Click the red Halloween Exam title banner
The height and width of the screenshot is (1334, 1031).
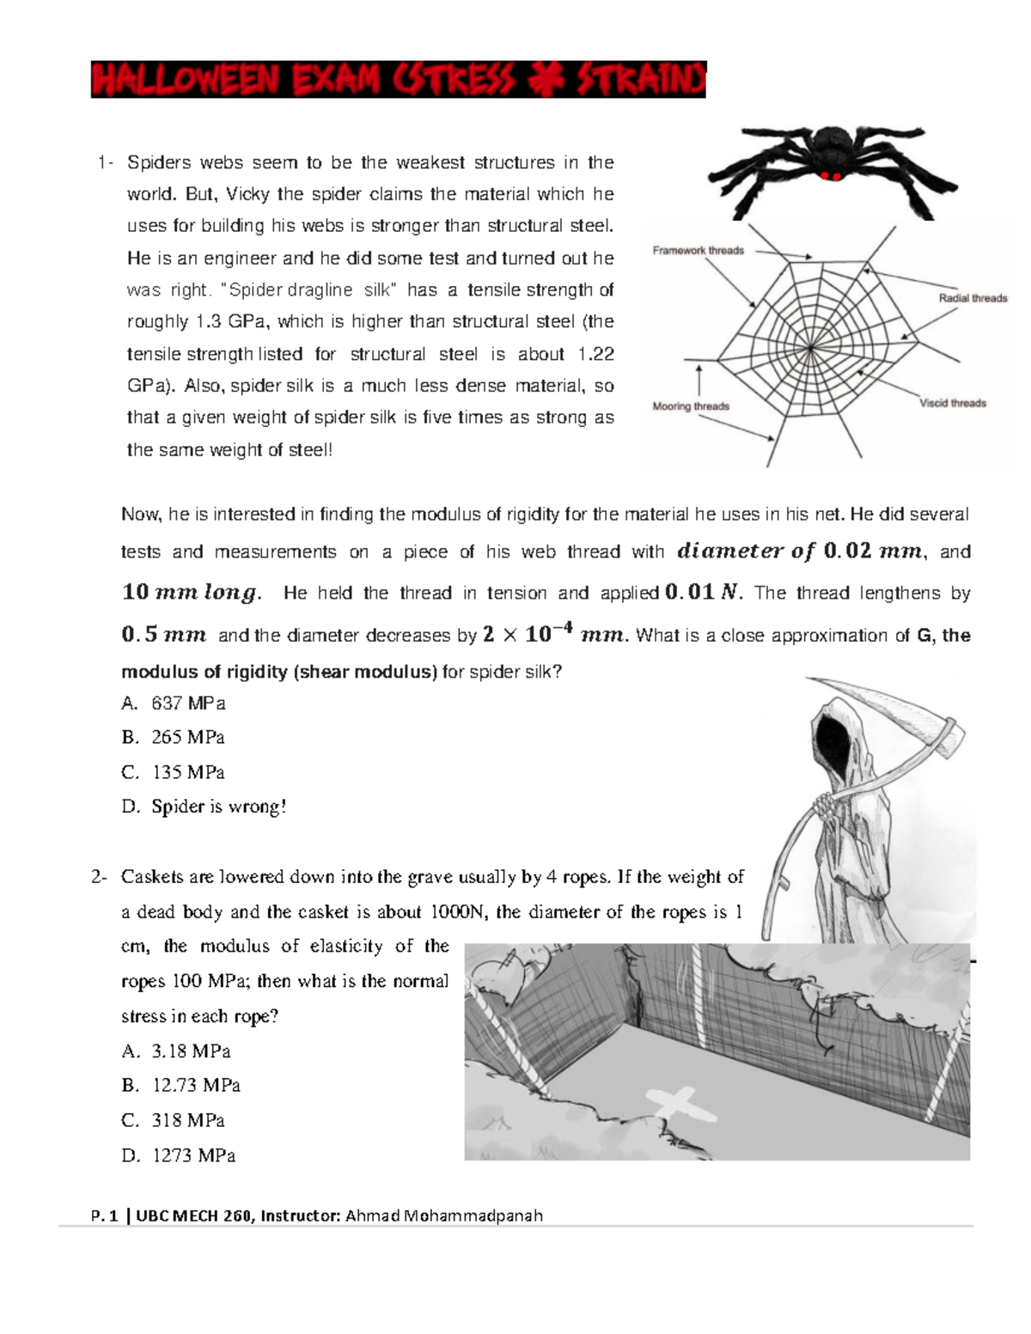tap(398, 80)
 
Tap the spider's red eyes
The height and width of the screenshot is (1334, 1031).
tap(830, 176)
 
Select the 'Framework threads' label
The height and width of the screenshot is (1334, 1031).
tap(698, 251)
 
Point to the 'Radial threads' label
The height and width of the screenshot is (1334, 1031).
tap(972, 298)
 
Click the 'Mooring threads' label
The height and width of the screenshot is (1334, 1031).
tap(690, 406)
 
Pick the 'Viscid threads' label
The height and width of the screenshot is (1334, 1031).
tap(952, 403)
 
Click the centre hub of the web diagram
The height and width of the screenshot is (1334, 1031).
tap(812, 348)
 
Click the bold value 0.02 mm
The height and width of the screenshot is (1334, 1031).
tap(871, 551)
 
